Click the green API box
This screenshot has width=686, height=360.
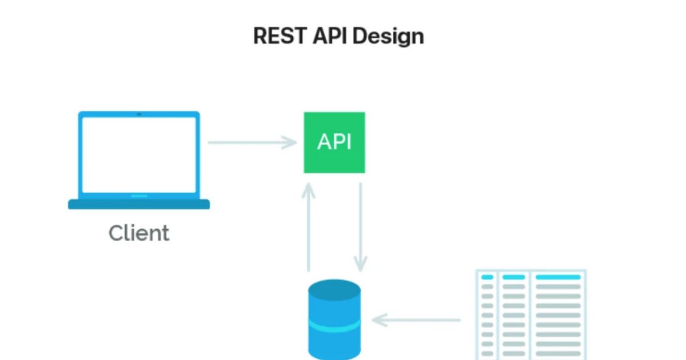334,142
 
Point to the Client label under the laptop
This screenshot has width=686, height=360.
139,233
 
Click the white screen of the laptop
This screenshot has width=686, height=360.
139,154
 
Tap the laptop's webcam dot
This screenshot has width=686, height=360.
139,114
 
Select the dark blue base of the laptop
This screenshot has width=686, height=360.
139,205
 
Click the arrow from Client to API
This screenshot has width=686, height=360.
252,142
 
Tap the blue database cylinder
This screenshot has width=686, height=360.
334,343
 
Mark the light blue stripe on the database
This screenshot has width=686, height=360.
334,326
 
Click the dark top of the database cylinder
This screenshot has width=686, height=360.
334,289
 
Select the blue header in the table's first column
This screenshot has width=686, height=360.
487,277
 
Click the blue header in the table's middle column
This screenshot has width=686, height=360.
513,277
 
